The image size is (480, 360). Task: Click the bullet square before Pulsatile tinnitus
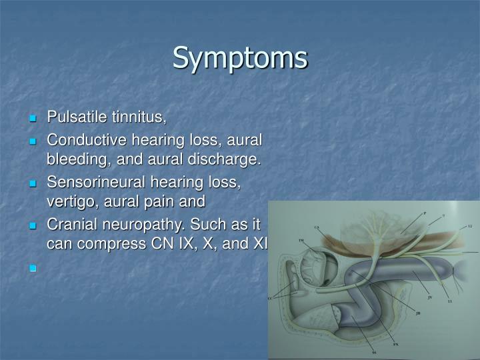pos(33,119)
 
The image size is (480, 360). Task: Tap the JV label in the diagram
pos(429,297)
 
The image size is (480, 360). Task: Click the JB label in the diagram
pos(418,313)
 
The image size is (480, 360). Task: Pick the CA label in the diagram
pos(317,227)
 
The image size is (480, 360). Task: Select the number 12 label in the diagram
pos(469,227)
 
